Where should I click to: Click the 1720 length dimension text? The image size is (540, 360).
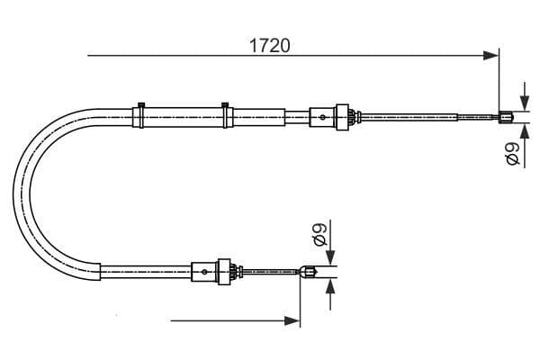point(269,44)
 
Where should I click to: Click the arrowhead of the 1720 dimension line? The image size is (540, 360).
point(491,56)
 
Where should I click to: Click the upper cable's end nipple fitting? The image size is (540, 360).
point(507,115)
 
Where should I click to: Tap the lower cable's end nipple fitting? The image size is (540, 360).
point(309,270)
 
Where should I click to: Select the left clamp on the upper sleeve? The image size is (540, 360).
point(139,114)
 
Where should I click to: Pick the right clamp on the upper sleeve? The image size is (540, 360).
point(226,114)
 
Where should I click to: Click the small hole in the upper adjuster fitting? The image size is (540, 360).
point(322,115)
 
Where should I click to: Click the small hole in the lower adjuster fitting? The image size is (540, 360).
point(205,270)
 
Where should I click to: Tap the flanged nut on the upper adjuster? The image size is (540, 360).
point(342,115)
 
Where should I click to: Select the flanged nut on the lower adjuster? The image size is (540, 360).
point(225,270)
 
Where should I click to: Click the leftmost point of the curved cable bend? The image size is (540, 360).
point(14,192)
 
